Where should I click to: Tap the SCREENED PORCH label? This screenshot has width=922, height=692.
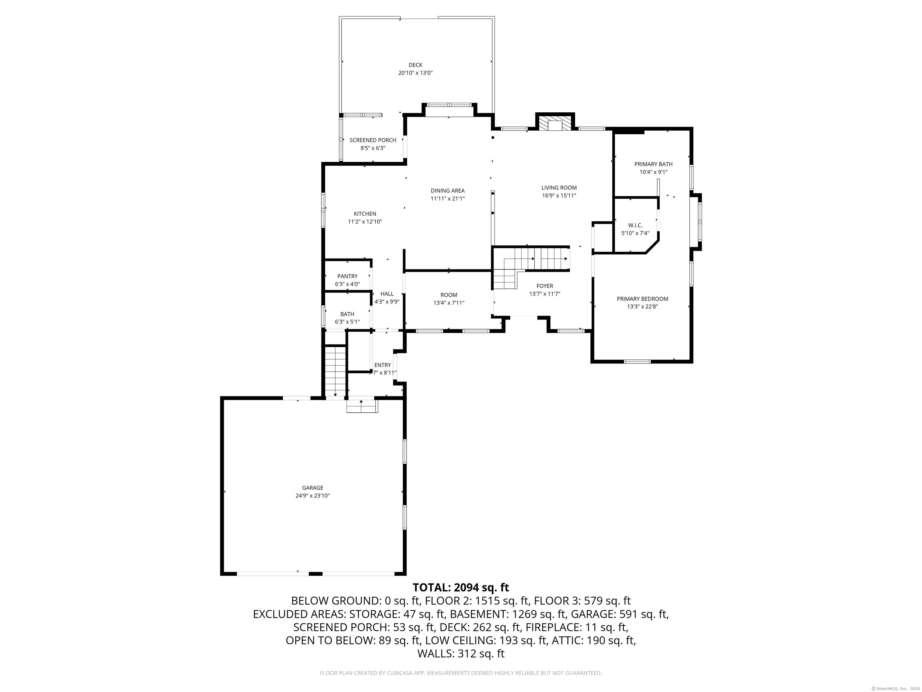(x=373, y=140)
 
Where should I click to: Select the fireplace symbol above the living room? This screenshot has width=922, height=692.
(x=555, y=123)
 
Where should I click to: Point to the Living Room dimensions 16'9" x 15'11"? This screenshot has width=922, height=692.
(x=559, y=196)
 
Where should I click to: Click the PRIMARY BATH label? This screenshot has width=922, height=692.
(x=653, y=164)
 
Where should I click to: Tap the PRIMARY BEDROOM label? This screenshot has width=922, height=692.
(x=642, y=299)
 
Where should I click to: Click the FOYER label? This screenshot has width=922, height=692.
(x=544, y=286)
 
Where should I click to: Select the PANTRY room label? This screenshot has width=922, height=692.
(x=347, y=276)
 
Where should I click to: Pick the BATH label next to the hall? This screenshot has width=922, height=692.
(x=347, y=314)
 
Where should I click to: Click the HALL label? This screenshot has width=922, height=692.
(x=387, y=294)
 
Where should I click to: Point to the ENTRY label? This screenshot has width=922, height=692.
(x=382, y=365)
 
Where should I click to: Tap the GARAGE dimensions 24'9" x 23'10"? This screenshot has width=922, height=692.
(x=313, y=496)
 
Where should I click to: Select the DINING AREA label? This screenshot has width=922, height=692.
(x=448, y=191)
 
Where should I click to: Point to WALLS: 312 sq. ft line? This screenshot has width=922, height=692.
(x=461, y=653)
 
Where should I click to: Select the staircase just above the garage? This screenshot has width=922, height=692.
(x=336, y=371)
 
